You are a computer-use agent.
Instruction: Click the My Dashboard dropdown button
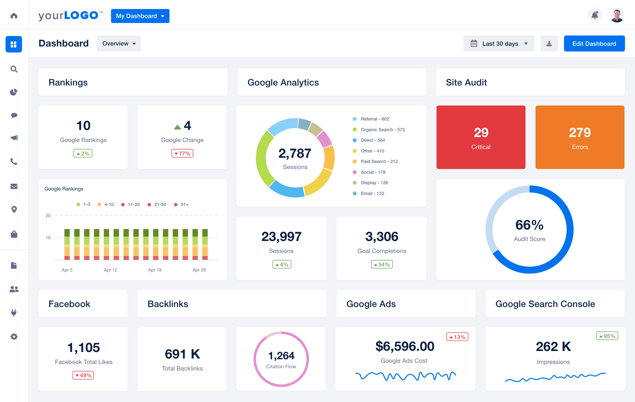coord(140,16)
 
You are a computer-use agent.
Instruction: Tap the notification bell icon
coord(595,15)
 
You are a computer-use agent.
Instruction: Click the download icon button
coord(549,43)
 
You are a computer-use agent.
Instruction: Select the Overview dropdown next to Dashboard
coord(119,43)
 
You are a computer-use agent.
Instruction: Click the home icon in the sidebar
coord(14,16)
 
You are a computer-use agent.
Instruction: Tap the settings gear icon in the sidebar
coord(14,336)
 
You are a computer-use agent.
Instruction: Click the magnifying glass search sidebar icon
coord(14,69)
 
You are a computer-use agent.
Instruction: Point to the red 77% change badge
coord(182,153)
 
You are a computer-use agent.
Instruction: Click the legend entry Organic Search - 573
coord(382,129)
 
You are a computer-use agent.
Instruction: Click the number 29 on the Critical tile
coord(481,132)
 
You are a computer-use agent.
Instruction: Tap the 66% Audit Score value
coord(529,225)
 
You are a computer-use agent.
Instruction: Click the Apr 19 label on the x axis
coord(155,270)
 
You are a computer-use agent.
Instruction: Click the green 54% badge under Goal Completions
coord(381,264)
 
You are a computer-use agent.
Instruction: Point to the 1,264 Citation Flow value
coord(281,355)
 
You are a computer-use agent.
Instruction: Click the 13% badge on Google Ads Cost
coord(457,337)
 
